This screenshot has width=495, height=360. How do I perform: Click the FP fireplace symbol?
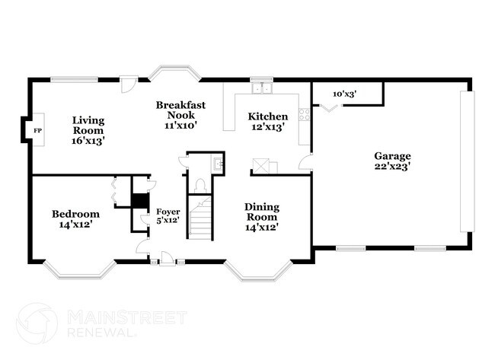click(36, 131)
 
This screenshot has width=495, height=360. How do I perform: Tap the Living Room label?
click(88, 130)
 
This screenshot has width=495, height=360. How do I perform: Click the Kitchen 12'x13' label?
click(268, 122)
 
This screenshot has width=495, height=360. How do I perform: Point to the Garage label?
click(392, 161)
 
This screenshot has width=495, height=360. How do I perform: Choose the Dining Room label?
click(261, 216)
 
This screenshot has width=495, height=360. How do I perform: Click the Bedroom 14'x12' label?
click(75, 219)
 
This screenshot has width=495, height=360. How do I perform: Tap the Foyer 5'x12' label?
click(168, 215)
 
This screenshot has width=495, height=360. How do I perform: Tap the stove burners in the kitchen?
click(305, 115)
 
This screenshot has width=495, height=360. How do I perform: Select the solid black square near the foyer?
click(139, 201)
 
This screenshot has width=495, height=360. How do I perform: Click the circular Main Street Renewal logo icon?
click(37, 323)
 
